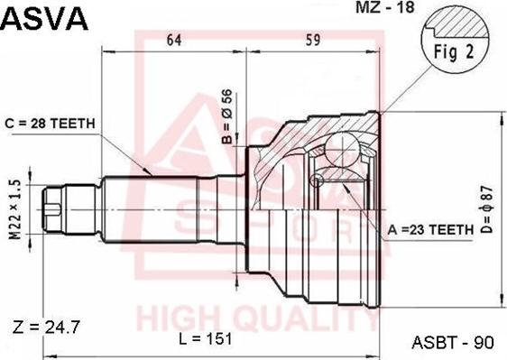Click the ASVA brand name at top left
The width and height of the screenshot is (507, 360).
pos(44,18)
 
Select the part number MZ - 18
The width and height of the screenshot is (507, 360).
pos(385,7)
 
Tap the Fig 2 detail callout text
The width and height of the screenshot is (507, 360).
pos(454,51)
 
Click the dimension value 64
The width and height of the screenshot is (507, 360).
pos(174,40)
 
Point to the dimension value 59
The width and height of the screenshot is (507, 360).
pos(312,40)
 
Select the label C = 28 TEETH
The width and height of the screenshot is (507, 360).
pos(51,124)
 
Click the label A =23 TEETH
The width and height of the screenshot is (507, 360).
pos(430,230)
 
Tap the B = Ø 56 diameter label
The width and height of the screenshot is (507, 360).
pos(227,116)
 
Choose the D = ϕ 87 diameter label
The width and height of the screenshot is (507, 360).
pos(486,209)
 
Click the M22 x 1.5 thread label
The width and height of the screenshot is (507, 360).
pos(14,209)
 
